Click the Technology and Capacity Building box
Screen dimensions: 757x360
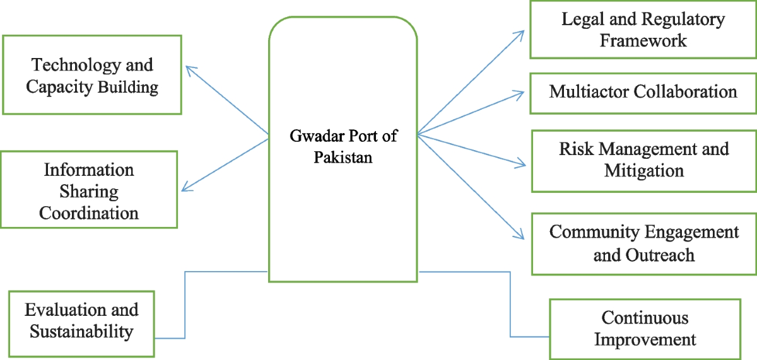click(x=92, y=75)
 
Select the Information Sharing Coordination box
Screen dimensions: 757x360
click(x=89, y=190)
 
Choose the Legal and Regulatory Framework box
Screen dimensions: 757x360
click(x=643, y=30)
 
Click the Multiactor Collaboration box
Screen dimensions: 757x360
click(x=643, y=91)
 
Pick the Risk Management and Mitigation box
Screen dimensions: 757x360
click(x=643, y=160)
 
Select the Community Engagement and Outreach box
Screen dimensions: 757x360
click(x=643, y=243)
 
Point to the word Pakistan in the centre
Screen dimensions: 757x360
click(x=343, y=156)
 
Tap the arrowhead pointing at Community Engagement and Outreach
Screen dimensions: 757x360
click(x=520, y=236)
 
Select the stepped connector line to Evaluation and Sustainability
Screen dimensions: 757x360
click(x=184, y=303)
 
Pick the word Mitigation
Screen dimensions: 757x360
click(x=643, y=170)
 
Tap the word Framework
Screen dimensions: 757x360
click(x=643, y=40)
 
